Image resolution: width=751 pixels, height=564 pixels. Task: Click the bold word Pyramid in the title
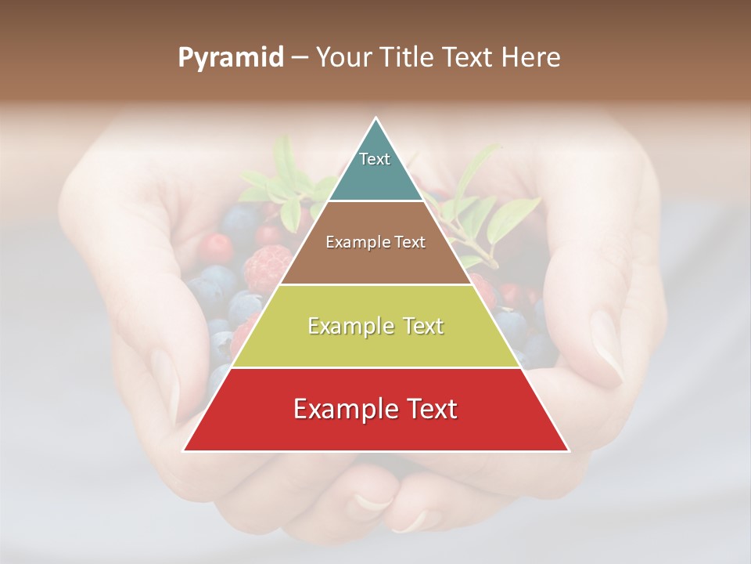click(230, 58)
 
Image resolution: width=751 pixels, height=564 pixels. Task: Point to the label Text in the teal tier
click(375, 159)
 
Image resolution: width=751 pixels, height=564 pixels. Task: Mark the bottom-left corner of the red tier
click(185, 450)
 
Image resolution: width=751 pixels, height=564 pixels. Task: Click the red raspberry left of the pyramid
click(267, 268)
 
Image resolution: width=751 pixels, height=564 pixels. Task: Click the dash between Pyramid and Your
click(299, 58)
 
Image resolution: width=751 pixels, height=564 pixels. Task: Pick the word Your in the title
click(342, 57)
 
